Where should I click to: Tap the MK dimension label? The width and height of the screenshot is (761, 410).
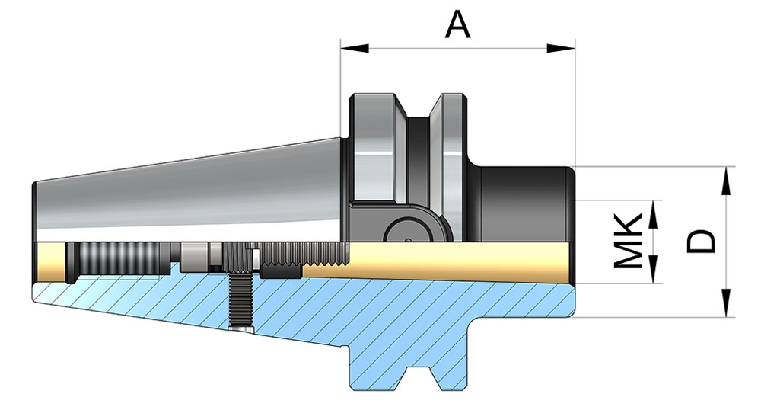(629, 241)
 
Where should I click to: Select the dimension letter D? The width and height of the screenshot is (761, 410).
(701, 241)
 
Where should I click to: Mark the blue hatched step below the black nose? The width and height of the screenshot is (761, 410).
(533, 301)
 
